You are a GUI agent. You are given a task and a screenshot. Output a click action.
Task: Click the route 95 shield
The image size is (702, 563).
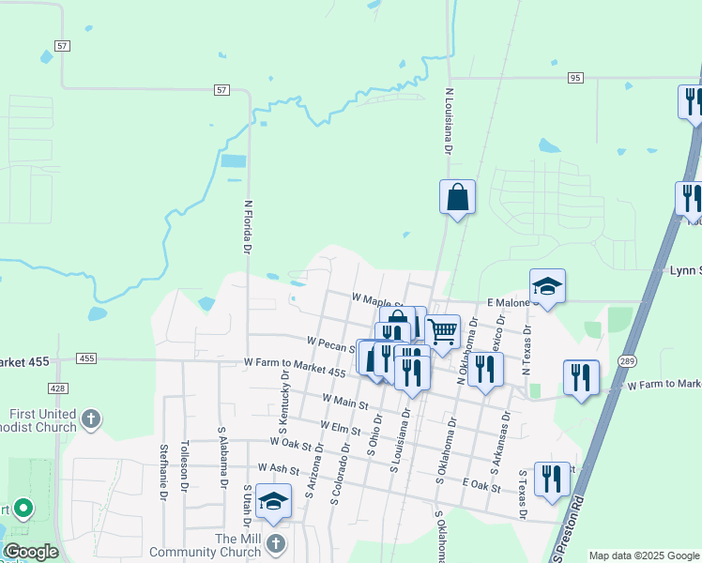(575, 77)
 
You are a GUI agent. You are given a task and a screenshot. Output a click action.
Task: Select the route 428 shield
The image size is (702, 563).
(58, 388)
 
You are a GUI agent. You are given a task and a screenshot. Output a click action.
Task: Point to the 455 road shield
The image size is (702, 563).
(87, 358)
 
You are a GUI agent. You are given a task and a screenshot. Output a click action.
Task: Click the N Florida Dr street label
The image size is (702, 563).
(249, 227)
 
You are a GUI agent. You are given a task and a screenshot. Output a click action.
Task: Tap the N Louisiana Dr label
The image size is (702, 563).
(449, 123)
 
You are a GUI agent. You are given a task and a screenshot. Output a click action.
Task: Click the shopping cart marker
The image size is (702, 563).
(442, 331)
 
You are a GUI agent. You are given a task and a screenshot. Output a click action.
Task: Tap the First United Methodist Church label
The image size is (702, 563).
(42, 420)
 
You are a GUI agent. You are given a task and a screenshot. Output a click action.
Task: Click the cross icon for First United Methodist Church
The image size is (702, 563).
(91, 419)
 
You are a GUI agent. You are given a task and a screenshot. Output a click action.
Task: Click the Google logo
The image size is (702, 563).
(30, 552)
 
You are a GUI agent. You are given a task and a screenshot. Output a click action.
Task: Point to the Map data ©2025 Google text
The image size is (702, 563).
(644, 555)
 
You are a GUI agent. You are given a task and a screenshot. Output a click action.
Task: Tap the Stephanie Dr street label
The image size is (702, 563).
(165, 469)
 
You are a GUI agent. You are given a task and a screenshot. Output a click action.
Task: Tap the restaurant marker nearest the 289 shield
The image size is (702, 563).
(581, 377)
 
